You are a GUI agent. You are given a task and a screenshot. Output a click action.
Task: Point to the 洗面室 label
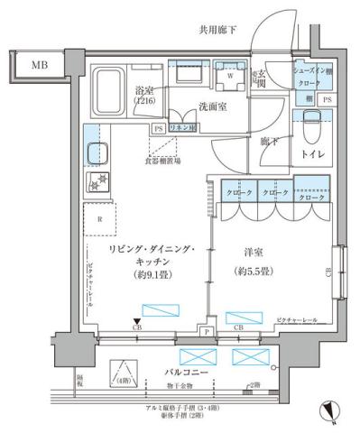(x=214, y=107)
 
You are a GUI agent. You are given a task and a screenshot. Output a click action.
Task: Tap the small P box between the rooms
(x=207, y=332)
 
